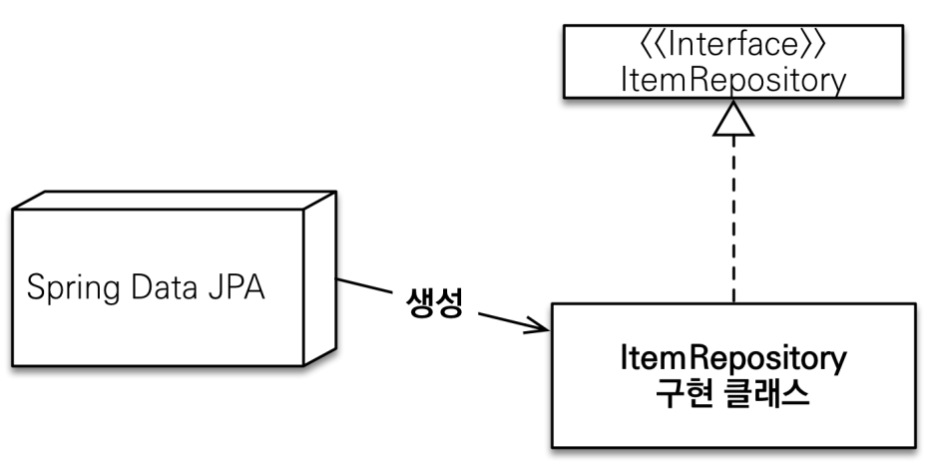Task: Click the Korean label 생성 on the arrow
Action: pyautogui.click(x=435, y=304)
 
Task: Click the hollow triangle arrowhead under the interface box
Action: pyautogui.click(x=733, y=119)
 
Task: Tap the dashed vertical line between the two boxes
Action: pyautogui.click(x=733, y=220)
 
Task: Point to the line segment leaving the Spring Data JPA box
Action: pyautogui.click(x=364, y=288)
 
